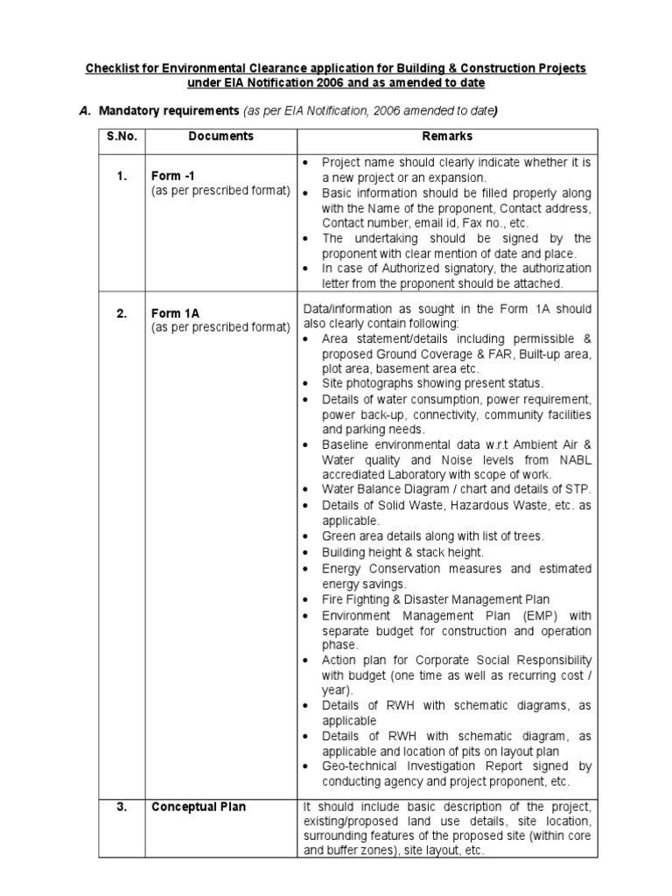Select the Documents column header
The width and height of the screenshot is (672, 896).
click(220, 136)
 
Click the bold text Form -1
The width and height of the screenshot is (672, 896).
click(171, 177)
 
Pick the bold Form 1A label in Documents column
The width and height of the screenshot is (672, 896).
click(171, 313)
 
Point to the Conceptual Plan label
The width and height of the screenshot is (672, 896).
click(199, 807)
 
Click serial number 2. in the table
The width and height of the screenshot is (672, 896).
click(122, 313)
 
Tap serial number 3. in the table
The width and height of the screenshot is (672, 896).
click(122, 807)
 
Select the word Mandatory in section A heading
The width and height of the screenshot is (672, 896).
click(134, 110)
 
